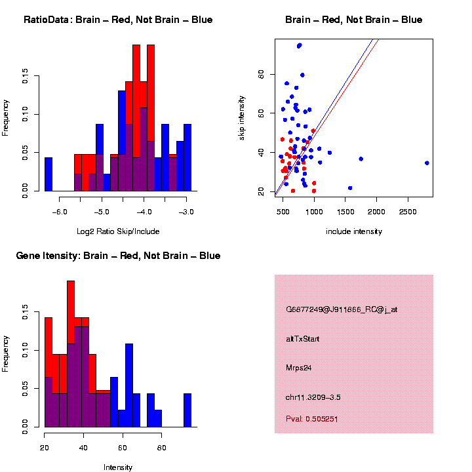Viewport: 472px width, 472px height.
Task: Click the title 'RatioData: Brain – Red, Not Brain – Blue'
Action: point(118,20)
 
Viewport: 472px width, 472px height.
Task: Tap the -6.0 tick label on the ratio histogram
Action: point(60,212)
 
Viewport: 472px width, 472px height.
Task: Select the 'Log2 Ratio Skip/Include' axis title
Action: point(118,231)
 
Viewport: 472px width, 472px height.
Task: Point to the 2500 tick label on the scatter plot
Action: point(408,212)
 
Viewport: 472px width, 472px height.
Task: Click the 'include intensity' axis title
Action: point(353,231)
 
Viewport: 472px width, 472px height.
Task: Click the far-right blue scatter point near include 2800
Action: point(427,163)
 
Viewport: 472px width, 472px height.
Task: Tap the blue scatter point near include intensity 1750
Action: point(361,159)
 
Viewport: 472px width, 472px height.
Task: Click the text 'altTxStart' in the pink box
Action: point(303,339)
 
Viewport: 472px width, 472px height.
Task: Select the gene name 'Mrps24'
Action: point(298,368)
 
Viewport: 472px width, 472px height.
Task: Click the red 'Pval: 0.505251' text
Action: point(312,418)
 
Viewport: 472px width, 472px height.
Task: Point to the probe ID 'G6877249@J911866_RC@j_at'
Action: point(342,309)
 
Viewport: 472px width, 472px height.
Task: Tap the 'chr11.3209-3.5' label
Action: point(313,397)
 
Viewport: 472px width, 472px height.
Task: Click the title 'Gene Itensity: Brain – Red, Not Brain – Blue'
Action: point(118,255)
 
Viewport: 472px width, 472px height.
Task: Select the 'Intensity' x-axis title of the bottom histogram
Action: point(118,467)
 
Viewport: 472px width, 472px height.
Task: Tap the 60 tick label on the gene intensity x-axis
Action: point(122,448)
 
